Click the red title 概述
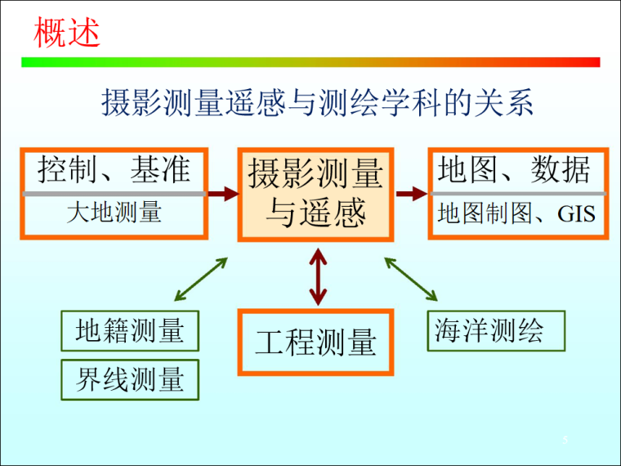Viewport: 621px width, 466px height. [x=66, y=33]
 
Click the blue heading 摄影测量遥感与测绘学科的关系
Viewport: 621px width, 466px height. [x=317, y=103]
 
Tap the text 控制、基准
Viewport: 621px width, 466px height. [x=114, y=169]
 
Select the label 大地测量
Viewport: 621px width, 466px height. [x=114, y=212]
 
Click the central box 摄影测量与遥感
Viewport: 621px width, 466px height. [x=315, y=195]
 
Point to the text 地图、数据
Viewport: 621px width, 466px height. [x=514, y=169]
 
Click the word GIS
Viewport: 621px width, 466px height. [x=576, y=214]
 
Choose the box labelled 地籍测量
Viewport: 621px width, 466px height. [x=130, y=331]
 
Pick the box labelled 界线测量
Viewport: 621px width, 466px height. [x=130, y=379]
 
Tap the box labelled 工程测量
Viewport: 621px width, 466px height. [x=315, y=342]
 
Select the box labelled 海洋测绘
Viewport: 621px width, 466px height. [x=496, y=331]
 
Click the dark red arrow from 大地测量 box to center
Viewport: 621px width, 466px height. [x=224, y=194]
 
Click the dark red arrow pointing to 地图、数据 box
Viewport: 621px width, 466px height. [x=412, y=194]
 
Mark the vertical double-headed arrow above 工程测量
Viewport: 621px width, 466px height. [x=318, y=277]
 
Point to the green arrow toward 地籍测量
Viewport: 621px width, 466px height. [x=201, y=279]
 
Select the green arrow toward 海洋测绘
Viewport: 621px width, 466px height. [x=411, y=279]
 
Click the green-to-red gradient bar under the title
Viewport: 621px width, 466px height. [x=310, y=62]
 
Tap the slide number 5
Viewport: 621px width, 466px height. [x=565, y=440]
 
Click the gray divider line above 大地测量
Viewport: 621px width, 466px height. [x=114, y=194]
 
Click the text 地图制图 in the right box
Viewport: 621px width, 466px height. [x=485, y=213]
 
